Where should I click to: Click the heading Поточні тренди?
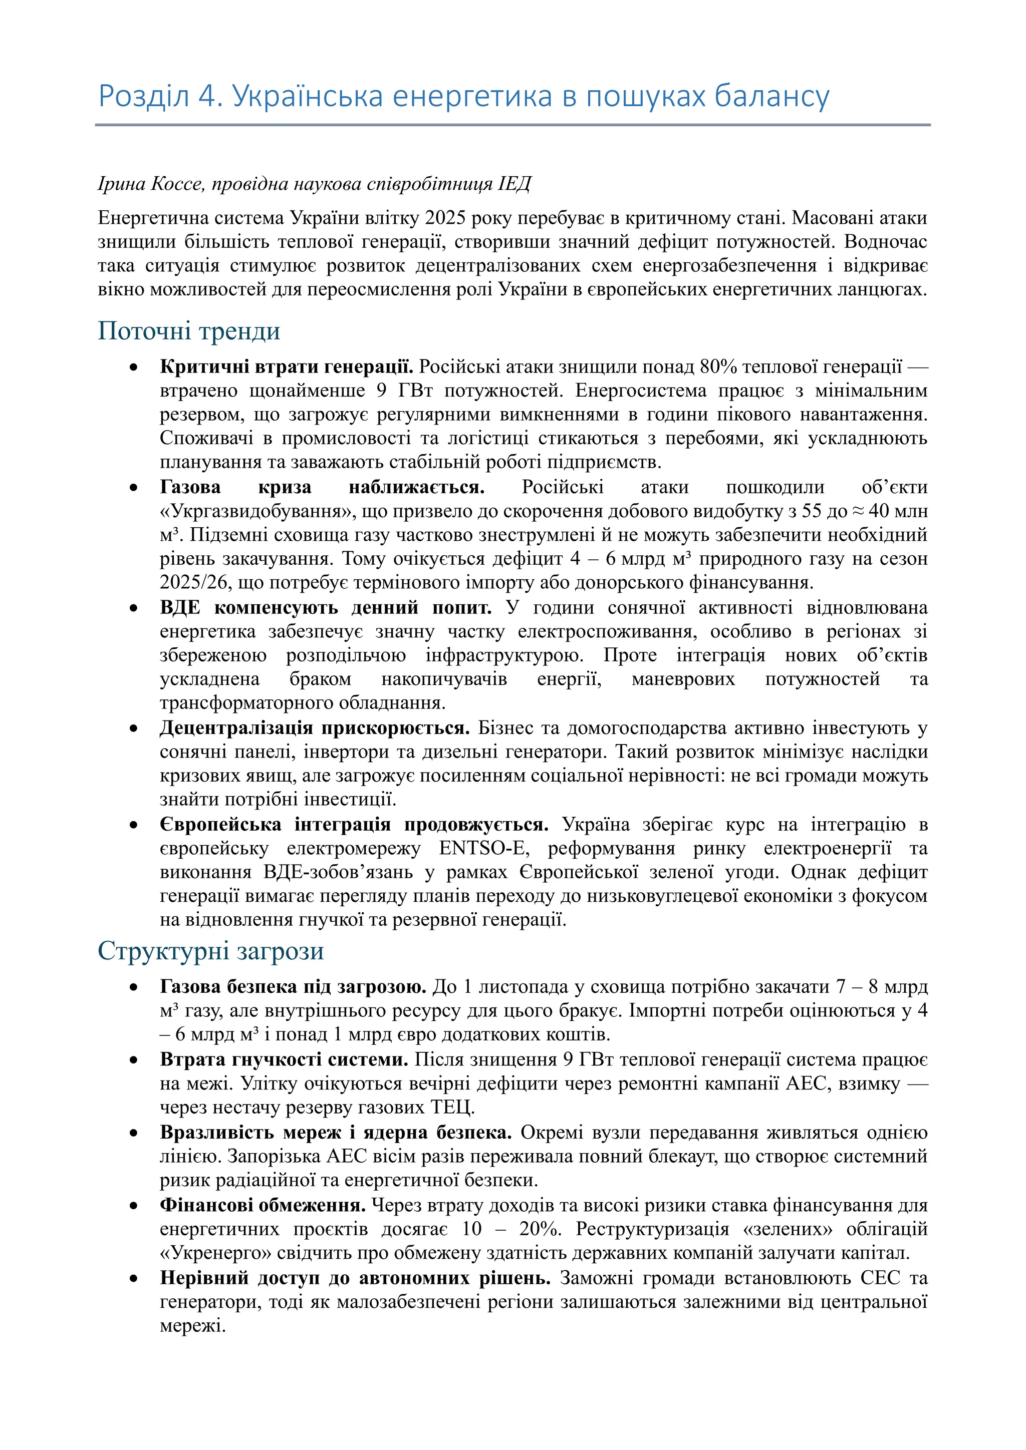[x=189, y=331]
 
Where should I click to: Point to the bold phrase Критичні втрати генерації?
[x=286, y=367]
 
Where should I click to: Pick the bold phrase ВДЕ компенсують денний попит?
[x=325, y=607]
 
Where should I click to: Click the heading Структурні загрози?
[x=210, y=951]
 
